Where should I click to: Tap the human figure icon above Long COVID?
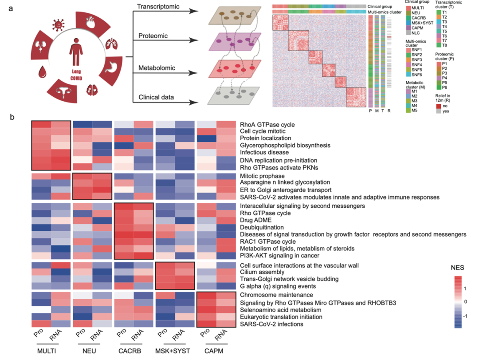[x=75, y=55]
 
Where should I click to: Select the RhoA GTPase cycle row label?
[x=267, y=125]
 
